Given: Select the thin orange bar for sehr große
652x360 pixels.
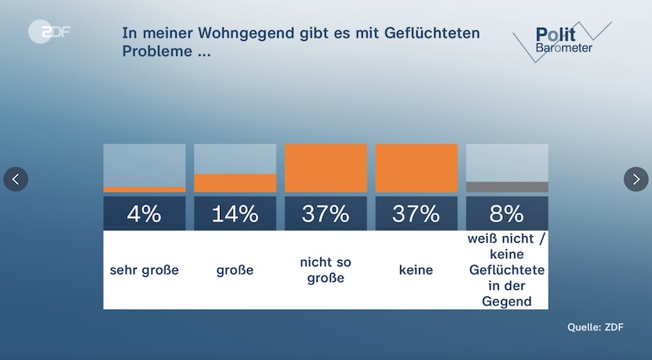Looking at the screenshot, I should pyautogui.click(x=144, y=190).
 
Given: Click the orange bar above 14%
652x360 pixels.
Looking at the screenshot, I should pyautogui.click(x=235, y=182).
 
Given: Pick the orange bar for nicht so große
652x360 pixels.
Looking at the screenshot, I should pyautogui.click(x=325, y=168).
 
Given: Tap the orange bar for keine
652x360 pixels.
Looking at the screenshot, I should pyautogui.click(x=416, y=168).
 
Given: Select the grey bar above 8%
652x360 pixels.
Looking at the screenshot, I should pyautogui.click(x=506, y=187).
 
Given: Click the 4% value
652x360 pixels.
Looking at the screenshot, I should pyautogui.click(x=144, y=214).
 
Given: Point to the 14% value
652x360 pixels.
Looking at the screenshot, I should pyautogui.click(x=235, y=214).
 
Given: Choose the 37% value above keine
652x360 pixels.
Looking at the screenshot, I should pyautogui.click(x=416, y=214).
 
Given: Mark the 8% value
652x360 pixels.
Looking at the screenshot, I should pyautogui.click(x=506, y=214).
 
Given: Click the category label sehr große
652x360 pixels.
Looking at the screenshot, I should pyautogui.click(x=144, y=270).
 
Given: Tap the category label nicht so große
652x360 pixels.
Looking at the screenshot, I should pyautogui.click(x=325, y=270).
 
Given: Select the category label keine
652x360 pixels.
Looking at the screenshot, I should pyautogui.click(x=416, y=270).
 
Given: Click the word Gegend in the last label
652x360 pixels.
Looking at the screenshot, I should pyautogui.click(x=506, y=301).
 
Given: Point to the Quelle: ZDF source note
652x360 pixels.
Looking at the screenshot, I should pyautogui.click(x=595, y=327).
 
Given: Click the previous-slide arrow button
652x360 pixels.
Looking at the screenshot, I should pyautogui.click(x=16, y=179).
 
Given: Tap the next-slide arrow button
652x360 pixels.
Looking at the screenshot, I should pyautogui.click(x=636, y=179).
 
